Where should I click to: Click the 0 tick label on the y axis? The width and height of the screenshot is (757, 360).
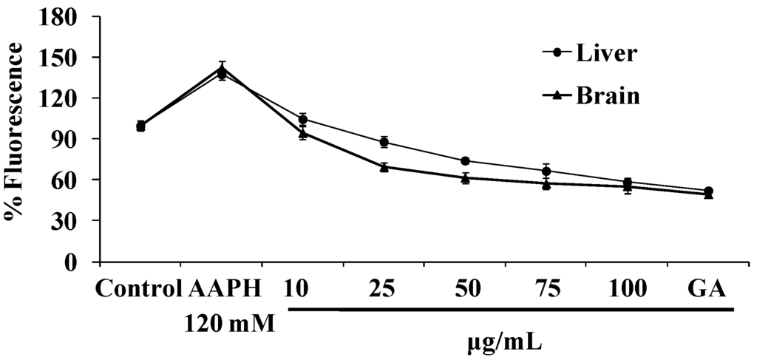point(86,262)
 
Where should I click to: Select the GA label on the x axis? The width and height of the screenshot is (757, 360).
point(707,288)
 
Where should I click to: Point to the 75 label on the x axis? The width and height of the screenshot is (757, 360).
point(546,288)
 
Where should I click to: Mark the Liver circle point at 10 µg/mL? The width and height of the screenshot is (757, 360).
point(303,119)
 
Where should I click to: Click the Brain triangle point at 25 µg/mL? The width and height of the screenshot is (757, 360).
point(384,167)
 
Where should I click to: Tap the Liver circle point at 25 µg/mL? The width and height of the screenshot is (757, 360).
point(384,142)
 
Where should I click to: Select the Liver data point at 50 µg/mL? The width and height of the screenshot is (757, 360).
point(465,161)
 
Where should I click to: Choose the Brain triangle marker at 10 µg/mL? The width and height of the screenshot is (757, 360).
point(303,133)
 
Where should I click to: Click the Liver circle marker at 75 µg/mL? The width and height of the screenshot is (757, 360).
point(546,171)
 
